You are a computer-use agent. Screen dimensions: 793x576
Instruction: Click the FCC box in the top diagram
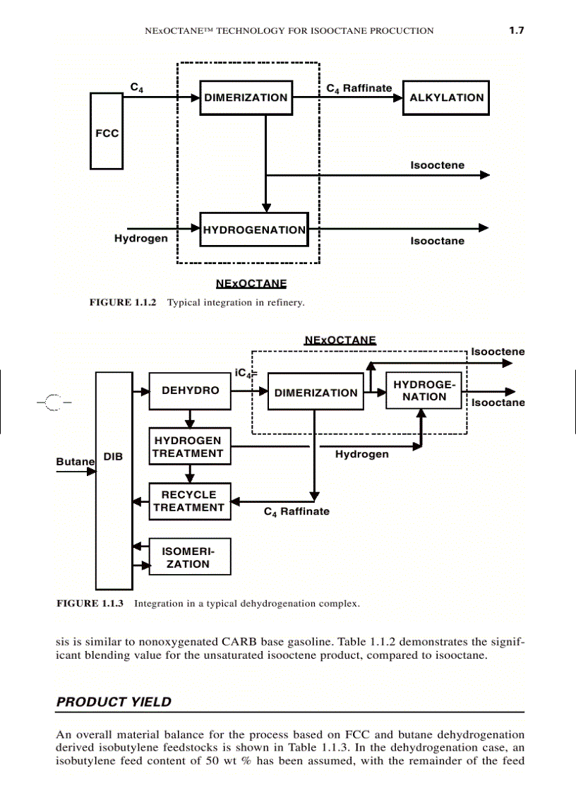(107, 131)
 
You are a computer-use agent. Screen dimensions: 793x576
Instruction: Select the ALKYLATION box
(445, 98)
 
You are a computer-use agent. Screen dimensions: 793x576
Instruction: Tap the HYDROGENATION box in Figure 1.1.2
(254, 229)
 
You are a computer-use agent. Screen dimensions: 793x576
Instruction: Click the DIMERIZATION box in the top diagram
(246, 98)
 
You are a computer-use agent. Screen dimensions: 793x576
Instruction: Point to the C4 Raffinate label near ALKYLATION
(359, 88)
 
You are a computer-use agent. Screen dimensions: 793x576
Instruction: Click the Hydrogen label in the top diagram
(141, 239)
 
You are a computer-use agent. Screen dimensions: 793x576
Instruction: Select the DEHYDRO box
(190, 390)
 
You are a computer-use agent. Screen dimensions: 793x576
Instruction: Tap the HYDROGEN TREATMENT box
(189, 447)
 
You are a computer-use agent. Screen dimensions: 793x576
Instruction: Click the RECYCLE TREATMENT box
(189, 501)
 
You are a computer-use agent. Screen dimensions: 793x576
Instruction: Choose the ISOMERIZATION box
(189, 557)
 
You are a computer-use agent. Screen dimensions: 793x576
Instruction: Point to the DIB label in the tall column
(114, 457)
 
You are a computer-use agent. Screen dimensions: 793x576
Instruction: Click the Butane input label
(75, 461)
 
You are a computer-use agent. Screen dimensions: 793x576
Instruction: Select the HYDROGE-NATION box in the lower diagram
(424, 390)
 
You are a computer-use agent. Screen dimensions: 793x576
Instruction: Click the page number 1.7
(516, 30)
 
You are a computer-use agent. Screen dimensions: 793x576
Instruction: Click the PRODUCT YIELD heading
(114, 702)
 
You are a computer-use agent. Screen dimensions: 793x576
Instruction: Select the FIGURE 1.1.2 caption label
(122, 302)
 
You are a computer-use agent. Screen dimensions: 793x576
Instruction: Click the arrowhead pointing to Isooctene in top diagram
(484, 175)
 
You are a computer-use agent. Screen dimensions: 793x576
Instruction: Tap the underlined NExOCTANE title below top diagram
(251, 284)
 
